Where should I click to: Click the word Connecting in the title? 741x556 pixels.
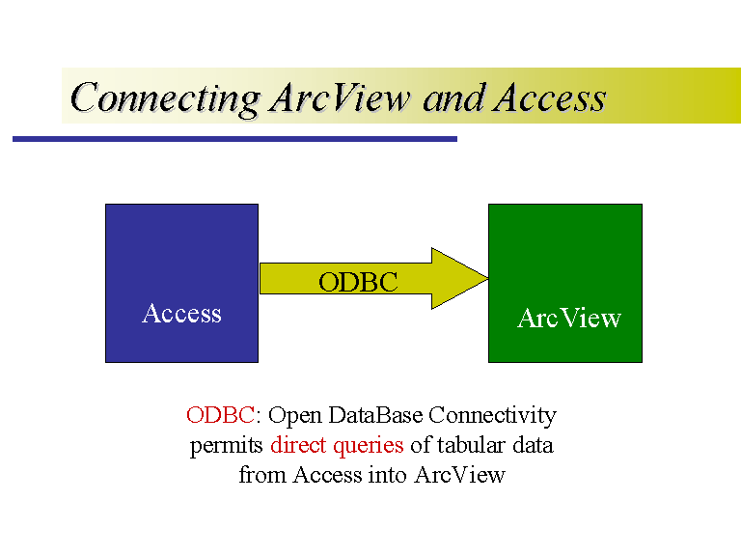click(165, 97)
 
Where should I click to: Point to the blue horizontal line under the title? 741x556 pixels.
click(234, 139)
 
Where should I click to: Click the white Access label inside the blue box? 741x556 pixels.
click(181, 314)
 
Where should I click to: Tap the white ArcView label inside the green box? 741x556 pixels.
click(569, 319)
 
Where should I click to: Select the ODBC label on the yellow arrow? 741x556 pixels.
click(358, 282)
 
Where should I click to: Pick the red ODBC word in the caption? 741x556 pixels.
click(220, 416)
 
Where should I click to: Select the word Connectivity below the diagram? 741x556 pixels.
click(492, 416)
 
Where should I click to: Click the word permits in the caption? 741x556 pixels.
click(227, 446)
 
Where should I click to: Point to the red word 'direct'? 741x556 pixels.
click(299, 446)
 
